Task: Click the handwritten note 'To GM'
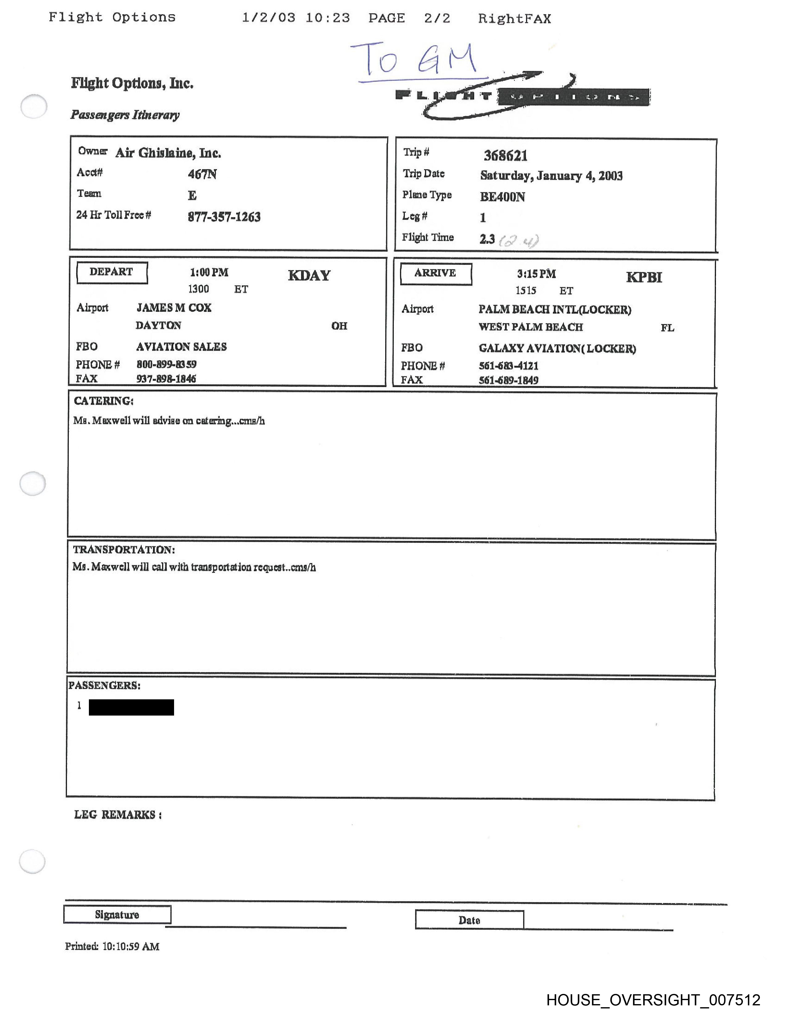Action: (x=414, y=60)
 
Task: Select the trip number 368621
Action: (x=506, y=155)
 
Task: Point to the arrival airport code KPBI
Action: (x=644, y=277)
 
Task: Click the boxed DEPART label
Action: (x=112, y=272)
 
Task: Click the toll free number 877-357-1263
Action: (x=224, y=217)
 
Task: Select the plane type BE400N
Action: (x=502, y=197)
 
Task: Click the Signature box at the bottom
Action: (x=117, y=915)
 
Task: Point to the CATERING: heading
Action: (x=103, y=401)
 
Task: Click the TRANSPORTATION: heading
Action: (x=123, y=549)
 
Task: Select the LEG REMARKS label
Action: (x=118, y=815)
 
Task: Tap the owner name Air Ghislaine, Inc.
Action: (x=168, y=153)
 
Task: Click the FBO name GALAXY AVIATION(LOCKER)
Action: (x=557, y=348)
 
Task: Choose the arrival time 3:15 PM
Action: (x=536, y=274)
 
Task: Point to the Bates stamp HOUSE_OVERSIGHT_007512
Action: (x=653, y=1000)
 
